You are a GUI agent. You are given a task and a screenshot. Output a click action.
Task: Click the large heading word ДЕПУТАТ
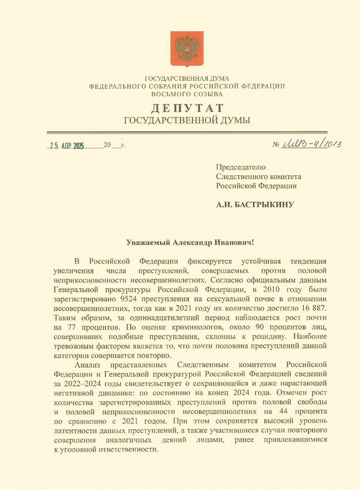point(186,108)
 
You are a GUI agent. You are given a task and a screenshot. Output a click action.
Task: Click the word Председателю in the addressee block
point(241,167)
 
